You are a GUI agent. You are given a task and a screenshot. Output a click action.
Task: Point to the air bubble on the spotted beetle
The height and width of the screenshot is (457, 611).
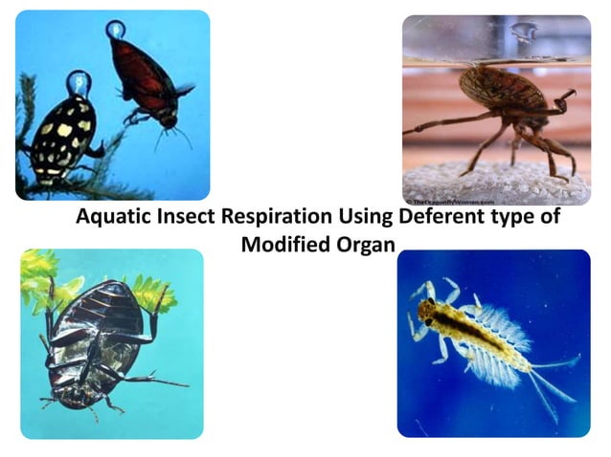pyautogui.click(x=78, y=83)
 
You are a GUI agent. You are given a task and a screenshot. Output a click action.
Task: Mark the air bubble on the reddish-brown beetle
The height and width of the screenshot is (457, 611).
pyautogui.click(x=116, y=30)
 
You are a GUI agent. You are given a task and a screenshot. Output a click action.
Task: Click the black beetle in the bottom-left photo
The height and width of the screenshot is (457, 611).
pyautogui.click(x=96, y=339)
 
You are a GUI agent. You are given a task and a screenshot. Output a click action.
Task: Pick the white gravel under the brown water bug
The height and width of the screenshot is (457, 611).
pyautogui.click(x=479, y=186)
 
